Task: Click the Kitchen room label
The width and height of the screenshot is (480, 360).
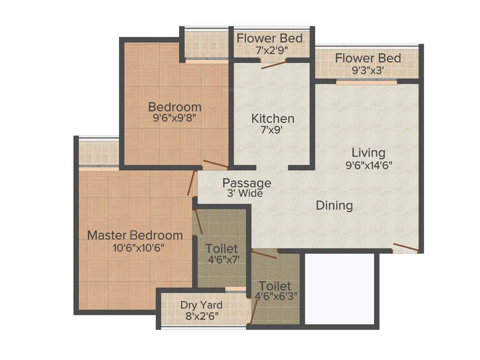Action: (272, 118)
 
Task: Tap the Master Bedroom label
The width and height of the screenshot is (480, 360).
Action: (135, 234)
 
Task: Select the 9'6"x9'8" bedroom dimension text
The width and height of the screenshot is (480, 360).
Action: (174, 118)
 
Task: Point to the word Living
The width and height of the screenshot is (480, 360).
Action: (368, 152)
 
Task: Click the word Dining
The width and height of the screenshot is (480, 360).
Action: (334, 205)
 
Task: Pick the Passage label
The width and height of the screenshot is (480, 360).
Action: (247, 183)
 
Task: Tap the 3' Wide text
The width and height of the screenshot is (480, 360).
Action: (245, 193)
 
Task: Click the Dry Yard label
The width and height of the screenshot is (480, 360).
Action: (202, 305)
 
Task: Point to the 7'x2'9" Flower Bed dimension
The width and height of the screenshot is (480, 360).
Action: (269, 49)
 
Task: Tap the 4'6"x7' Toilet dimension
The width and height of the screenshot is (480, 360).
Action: (222, 259)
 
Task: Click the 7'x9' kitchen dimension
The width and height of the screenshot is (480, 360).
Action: (272, 130)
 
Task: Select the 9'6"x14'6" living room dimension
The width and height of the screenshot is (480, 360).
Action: (368, 165)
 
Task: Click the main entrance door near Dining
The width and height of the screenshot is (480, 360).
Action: (405, 247)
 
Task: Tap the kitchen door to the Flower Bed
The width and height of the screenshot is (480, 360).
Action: (274, 64)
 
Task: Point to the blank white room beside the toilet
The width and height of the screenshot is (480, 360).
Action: (339, 288)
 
